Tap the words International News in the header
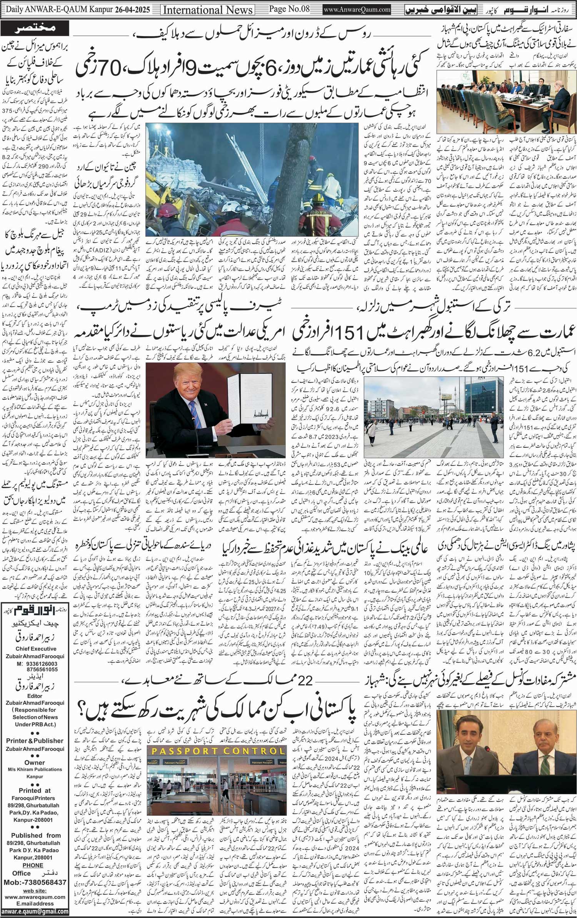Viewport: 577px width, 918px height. [x=208, y=10]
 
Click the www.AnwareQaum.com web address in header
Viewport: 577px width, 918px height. [x=357, y=10]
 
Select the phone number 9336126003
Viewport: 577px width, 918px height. [x=37, y=664]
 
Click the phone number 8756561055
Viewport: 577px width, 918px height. [x=37, y=669]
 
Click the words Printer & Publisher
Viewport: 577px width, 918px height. [x=35, y=741]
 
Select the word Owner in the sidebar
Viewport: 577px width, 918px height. [x=35, y=762]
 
